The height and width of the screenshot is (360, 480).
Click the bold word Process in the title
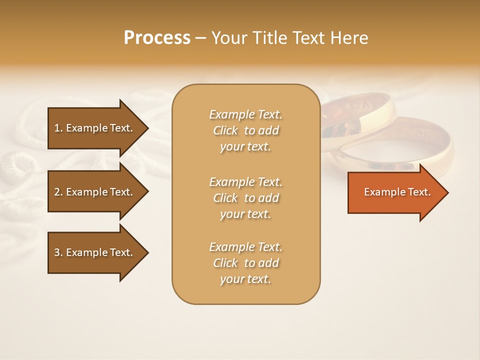coord(157,37)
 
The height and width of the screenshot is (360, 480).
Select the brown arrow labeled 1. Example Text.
coord(95,128)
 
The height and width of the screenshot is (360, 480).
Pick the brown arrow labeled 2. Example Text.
coord(95,192)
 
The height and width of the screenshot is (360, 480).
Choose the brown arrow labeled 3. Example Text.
coord(95,252)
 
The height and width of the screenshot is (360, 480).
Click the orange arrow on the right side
coord(395,192)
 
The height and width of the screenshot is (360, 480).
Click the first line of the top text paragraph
coord(245,114)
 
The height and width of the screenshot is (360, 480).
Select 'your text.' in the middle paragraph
coord(245,214)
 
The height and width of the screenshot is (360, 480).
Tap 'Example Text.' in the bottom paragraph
coord(245,247)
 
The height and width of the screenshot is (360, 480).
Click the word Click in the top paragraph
coord(225,130)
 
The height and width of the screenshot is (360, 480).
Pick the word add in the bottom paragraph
coord(269,263)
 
